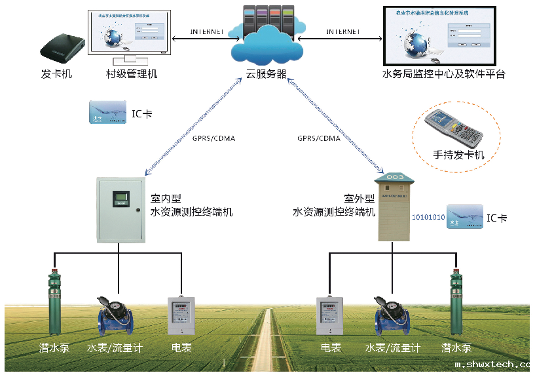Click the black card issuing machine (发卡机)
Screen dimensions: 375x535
(63, 45)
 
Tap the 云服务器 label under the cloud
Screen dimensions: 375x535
(266, 74)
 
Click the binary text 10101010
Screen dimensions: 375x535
(428, 217)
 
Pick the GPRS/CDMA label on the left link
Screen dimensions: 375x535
(213, 138)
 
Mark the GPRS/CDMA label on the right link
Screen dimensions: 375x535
(319, 138)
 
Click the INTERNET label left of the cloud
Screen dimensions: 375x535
(207, 31)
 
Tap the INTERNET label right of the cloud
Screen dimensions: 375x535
(343, 31)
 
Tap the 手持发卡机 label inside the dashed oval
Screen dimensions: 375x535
(458, 155)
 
